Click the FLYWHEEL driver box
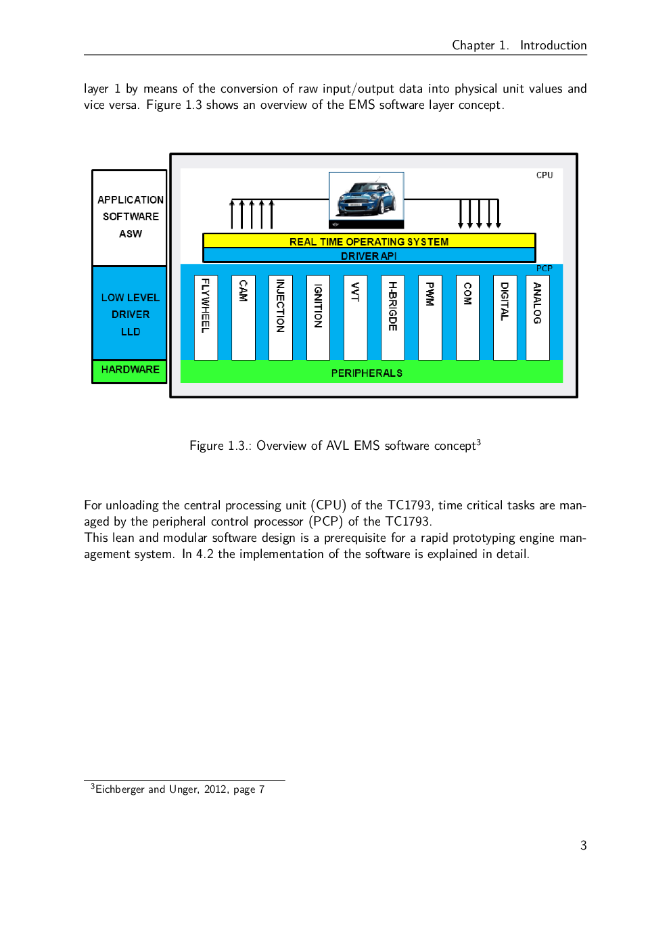(206, 318)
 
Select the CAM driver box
(243, 318)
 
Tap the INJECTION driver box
(281, 318)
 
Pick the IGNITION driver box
(318, 318)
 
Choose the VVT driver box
(355, 318)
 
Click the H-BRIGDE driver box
(393, 318)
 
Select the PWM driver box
(430, 318)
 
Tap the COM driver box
(467, 318)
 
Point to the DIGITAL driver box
(505, 318)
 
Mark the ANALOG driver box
(538, 318)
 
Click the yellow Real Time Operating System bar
(369, 241)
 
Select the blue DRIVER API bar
(369, 256)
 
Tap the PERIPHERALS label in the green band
(367, 373)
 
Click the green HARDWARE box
(130, 371)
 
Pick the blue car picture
(367, 200)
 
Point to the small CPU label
(545, 175)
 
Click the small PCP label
(545, 268)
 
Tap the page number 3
(583, 846)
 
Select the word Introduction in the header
(553, 45)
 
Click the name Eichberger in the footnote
(120, 789)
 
